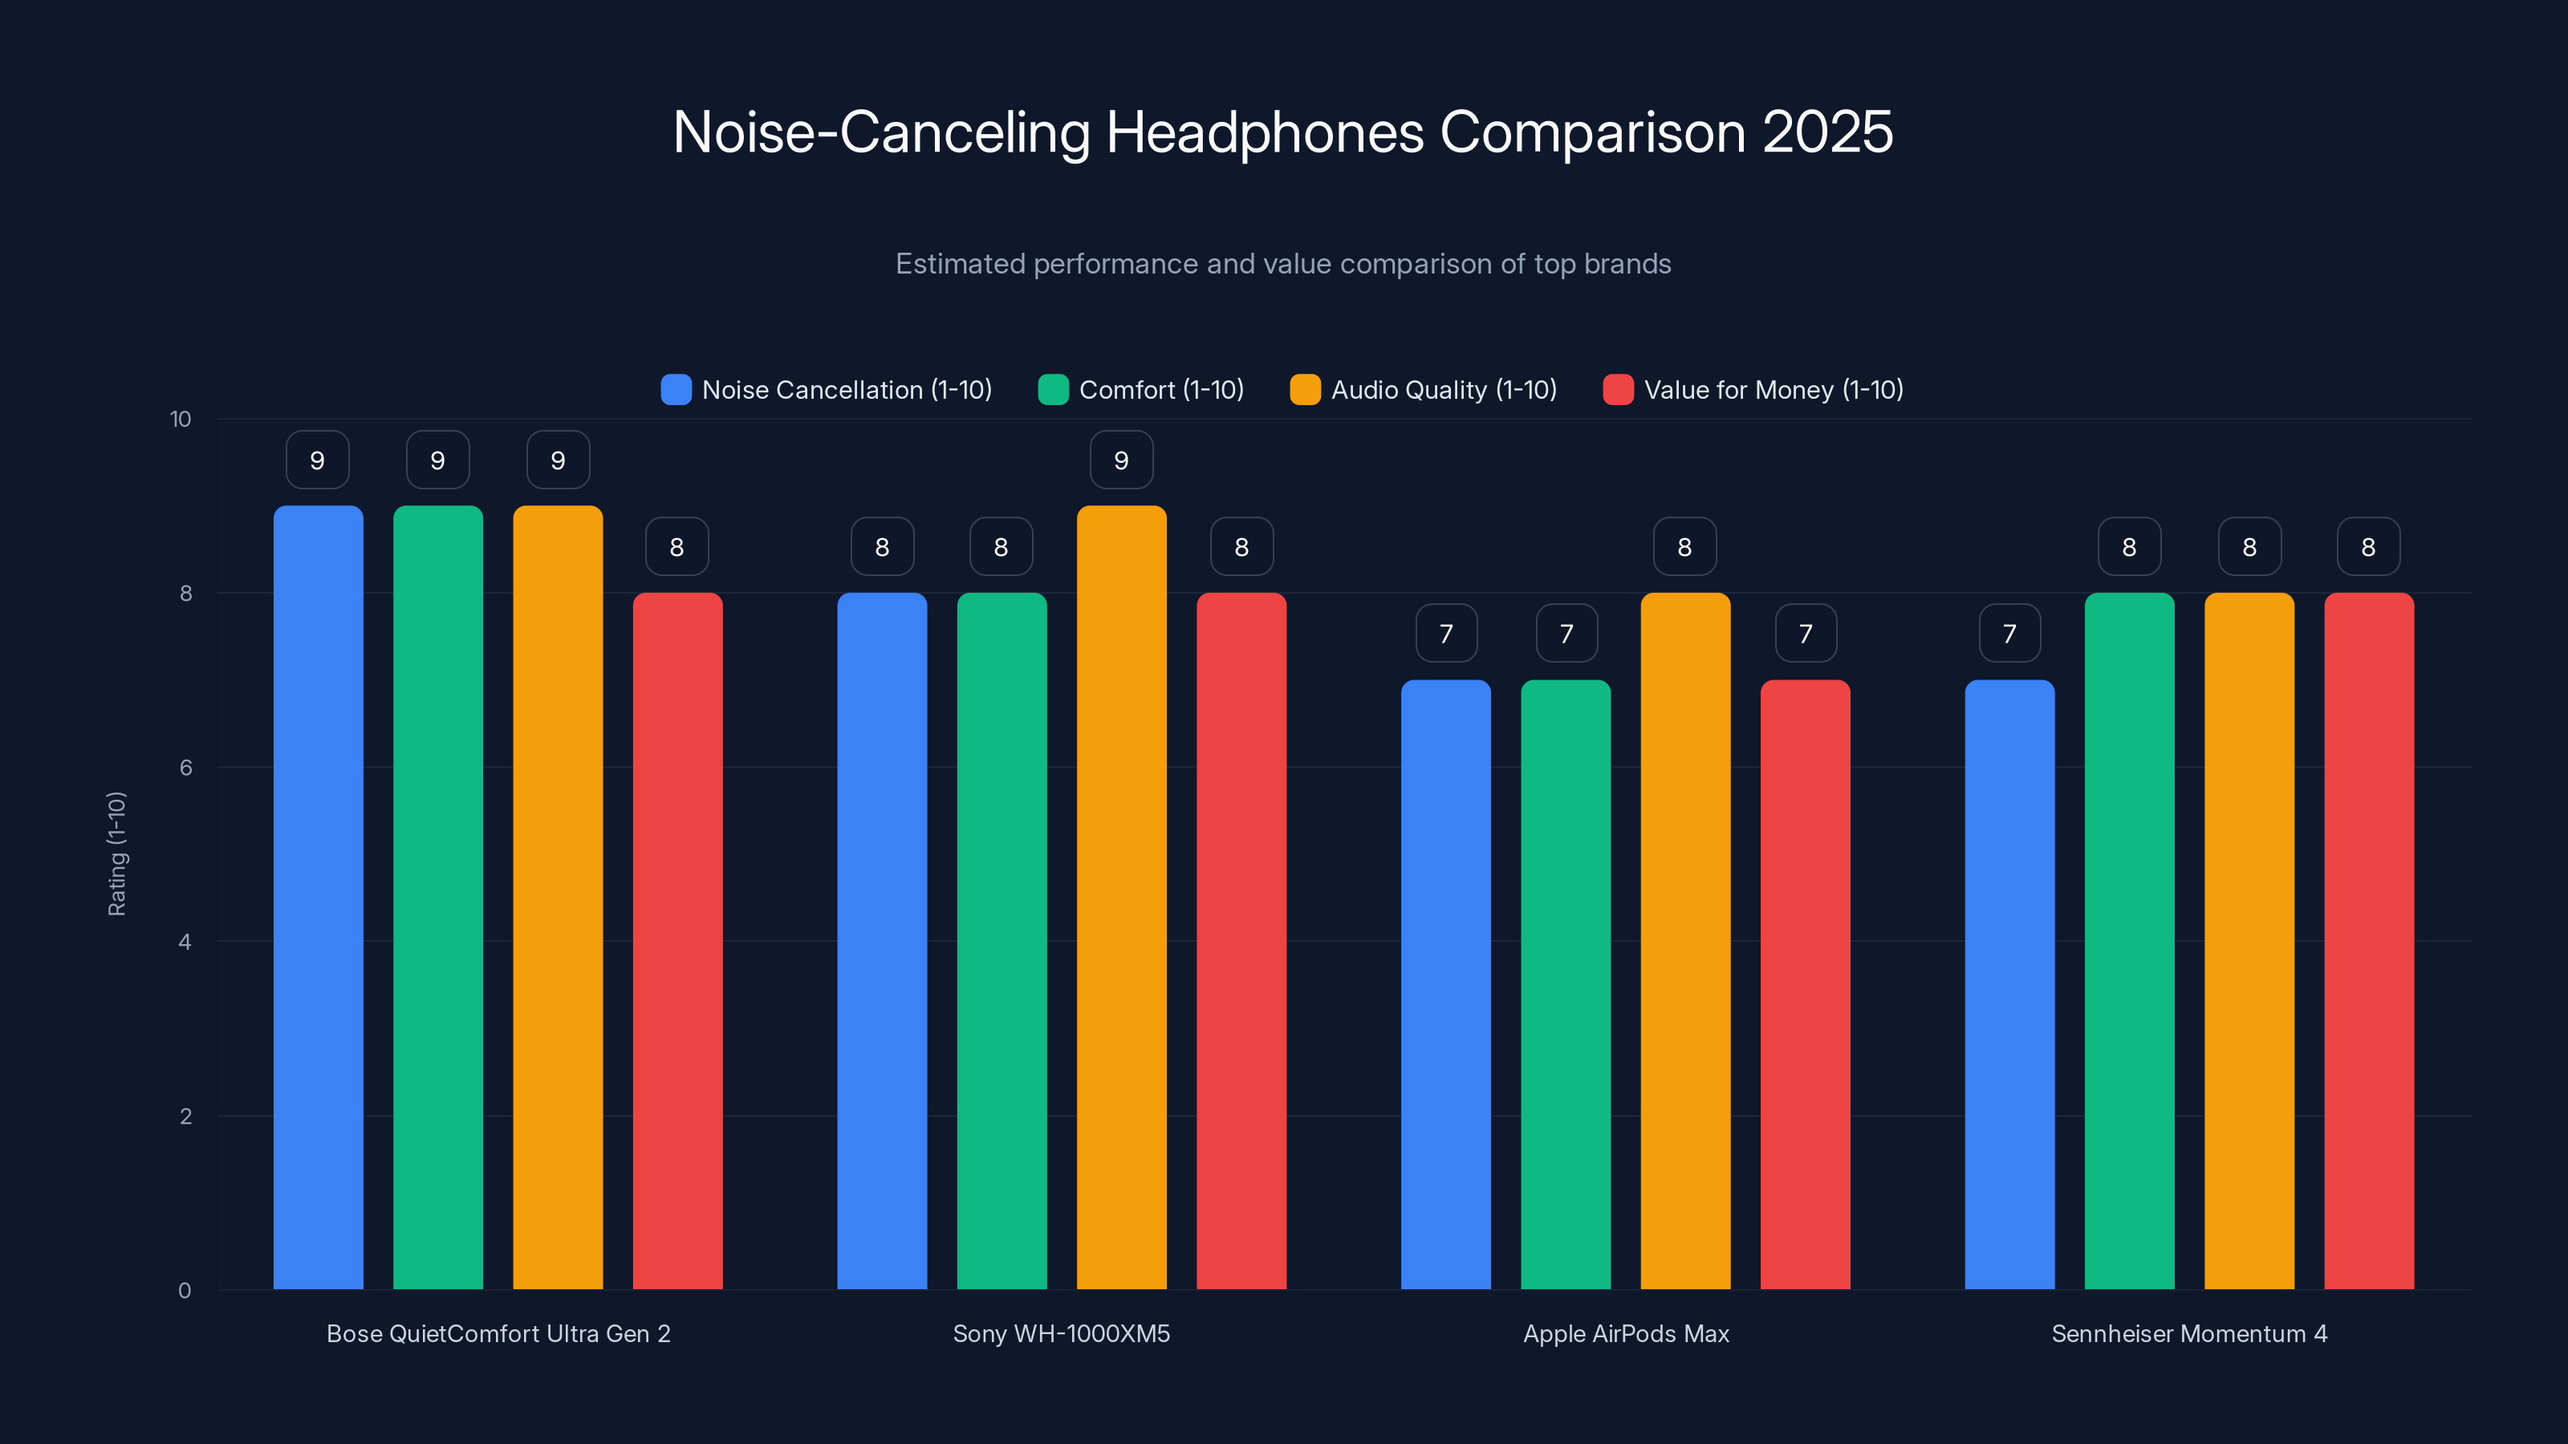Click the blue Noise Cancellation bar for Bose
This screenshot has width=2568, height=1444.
click(x=318, y=897)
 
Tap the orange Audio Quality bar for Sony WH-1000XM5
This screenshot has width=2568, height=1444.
click(x=1122, y=897)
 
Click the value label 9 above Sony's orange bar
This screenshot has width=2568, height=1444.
click(x=1122, y=460)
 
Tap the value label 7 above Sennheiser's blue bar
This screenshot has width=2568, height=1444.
click(x=2009, y=634)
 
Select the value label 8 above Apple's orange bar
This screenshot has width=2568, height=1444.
click(x=1684, y=547)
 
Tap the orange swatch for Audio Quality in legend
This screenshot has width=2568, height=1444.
click(x=1305, y=390)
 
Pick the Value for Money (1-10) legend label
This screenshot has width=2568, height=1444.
click(x=1774, y=390)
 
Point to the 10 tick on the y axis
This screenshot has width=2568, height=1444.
click(x=181, y=419)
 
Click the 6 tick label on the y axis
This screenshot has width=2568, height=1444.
click(x=185, y=768)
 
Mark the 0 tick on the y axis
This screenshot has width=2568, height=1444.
click(x=185, y=1291)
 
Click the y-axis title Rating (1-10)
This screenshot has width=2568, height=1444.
click(x=116, y=854)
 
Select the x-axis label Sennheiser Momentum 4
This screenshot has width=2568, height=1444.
click(x=2189, y=1333)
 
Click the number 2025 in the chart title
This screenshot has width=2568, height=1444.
click(x=1827, y=132)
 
